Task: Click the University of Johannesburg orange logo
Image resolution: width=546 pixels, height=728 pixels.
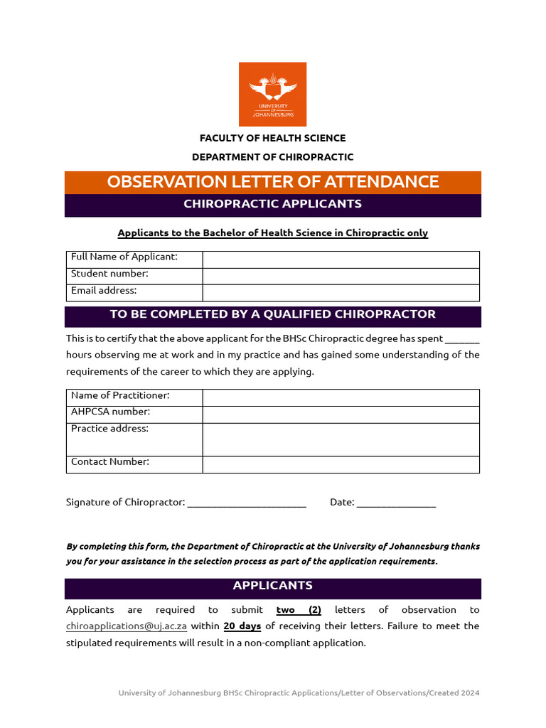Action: pos(272,94)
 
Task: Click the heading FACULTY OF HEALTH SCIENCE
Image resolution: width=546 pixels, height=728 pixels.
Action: pos(272,138)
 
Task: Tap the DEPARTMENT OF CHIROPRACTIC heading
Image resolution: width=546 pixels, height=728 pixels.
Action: pos(272,157)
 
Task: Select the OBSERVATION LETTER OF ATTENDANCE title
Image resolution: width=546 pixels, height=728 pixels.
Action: pos(272,182)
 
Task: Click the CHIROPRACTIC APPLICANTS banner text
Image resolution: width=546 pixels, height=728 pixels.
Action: pos(272,204)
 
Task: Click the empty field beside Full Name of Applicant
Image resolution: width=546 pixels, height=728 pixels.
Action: pos(341,259)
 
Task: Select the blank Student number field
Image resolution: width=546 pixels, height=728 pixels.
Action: pos(341,276)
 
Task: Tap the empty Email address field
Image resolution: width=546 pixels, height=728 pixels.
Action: pos(341,293)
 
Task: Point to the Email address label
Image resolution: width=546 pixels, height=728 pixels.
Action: pos(104,291)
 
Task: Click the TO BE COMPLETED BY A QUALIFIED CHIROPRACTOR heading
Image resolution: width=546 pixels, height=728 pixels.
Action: pos(272,314)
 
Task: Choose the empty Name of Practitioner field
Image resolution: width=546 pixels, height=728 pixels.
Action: pos(341,397)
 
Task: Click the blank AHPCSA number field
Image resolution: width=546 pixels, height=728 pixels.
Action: pos(341,414)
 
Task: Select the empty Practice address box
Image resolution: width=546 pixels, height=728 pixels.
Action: pos(341,439)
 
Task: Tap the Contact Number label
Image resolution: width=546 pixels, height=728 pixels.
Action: pos(110,462)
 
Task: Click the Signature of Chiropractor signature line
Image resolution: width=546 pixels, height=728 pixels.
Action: pos(247,503)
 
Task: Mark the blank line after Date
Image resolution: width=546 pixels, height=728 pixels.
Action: pos(396,503)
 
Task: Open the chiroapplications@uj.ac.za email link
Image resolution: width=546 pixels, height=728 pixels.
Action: pos(127,626)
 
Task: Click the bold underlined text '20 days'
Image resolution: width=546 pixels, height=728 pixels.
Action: pos(242,626)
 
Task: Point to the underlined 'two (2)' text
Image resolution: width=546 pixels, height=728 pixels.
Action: pos(299,610)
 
